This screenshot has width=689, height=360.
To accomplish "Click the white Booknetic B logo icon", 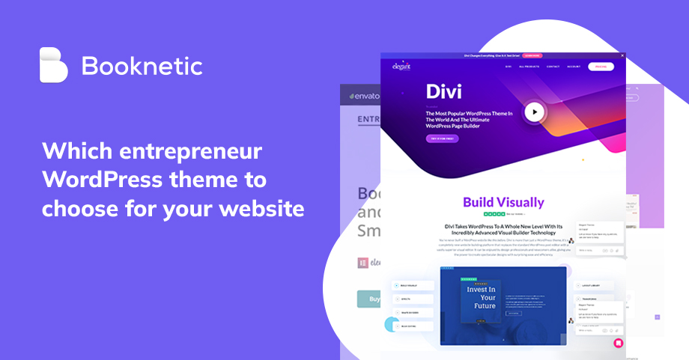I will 53,65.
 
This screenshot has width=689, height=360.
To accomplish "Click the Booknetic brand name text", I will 142,66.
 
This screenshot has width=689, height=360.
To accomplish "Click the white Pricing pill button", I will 600,67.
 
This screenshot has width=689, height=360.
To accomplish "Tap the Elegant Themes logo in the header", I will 402,66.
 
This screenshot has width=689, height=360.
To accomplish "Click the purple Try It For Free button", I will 443,138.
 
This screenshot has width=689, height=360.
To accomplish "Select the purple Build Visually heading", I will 503,202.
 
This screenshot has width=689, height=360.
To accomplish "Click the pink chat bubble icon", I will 618,343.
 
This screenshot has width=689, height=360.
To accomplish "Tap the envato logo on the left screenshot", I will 362,96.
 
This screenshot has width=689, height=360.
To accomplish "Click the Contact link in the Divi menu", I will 553,67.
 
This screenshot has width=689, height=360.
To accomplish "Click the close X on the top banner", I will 622,55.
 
